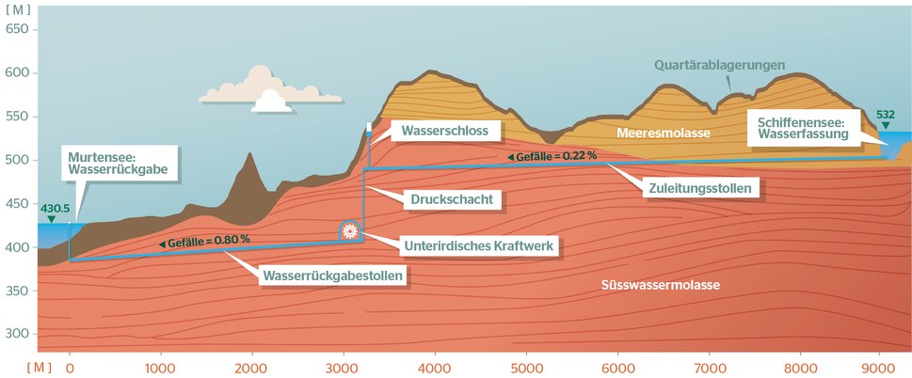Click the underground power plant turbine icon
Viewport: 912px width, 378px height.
[349, 229]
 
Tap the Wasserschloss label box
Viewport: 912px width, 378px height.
[444, 131]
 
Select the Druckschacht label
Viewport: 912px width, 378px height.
[452, 199]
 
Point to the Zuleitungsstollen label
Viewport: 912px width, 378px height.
[701, 189]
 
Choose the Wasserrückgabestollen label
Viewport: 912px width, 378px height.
[334, 276]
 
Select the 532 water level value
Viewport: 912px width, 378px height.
[885, 114]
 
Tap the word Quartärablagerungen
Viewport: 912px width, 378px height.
[721, 66]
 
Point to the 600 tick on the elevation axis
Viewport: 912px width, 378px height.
[18, 73]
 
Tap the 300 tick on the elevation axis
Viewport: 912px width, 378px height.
[18, 334]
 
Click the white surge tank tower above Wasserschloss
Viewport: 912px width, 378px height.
[368, 127]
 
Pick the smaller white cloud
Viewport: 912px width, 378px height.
[271, 101]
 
